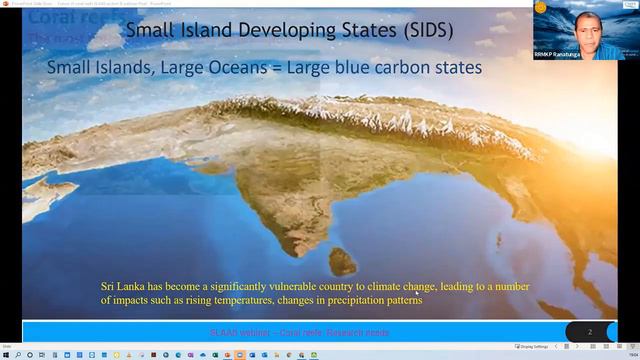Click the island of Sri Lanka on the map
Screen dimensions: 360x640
[343, 262]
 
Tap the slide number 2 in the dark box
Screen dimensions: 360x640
[590, 331]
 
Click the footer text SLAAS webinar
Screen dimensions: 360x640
[236, 332]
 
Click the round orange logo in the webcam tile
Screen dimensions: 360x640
[541, 7]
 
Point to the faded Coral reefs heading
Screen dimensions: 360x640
[60, 18]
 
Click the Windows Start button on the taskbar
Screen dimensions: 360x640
[6, 354]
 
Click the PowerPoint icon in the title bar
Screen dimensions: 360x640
[5, 3]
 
